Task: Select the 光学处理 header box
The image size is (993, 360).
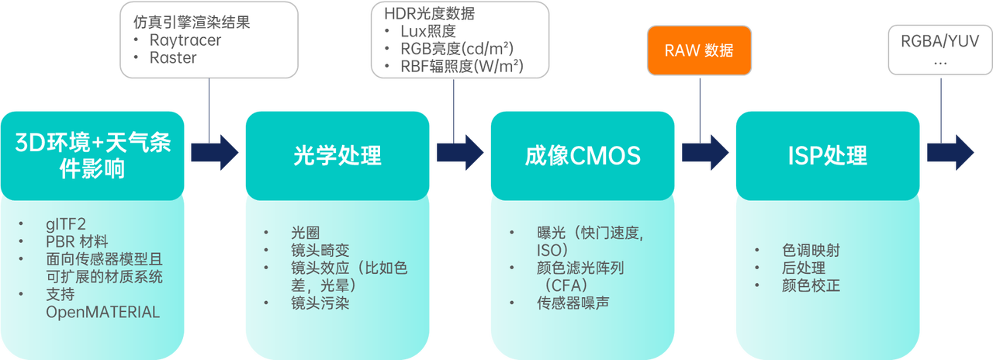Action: click(x=337, y=155)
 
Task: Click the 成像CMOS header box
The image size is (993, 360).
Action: click(x=582, y=155)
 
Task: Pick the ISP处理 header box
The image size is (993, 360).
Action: click(x=827, y=155)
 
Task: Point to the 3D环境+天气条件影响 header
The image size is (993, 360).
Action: click(x=92, y=154)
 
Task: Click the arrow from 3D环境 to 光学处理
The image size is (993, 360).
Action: click(x=216, y=151)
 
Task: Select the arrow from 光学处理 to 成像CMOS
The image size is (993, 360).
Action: click(x=460, y=151)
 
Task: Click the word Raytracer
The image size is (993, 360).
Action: click(x=185, y=40)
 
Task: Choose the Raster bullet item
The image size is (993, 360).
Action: click(x=175, y=57)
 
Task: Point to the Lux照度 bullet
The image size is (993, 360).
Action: click(x=428, y=32)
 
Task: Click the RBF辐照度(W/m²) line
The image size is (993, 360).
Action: click(x=462, y=67)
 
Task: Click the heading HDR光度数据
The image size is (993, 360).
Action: click(x=430, y=14)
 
